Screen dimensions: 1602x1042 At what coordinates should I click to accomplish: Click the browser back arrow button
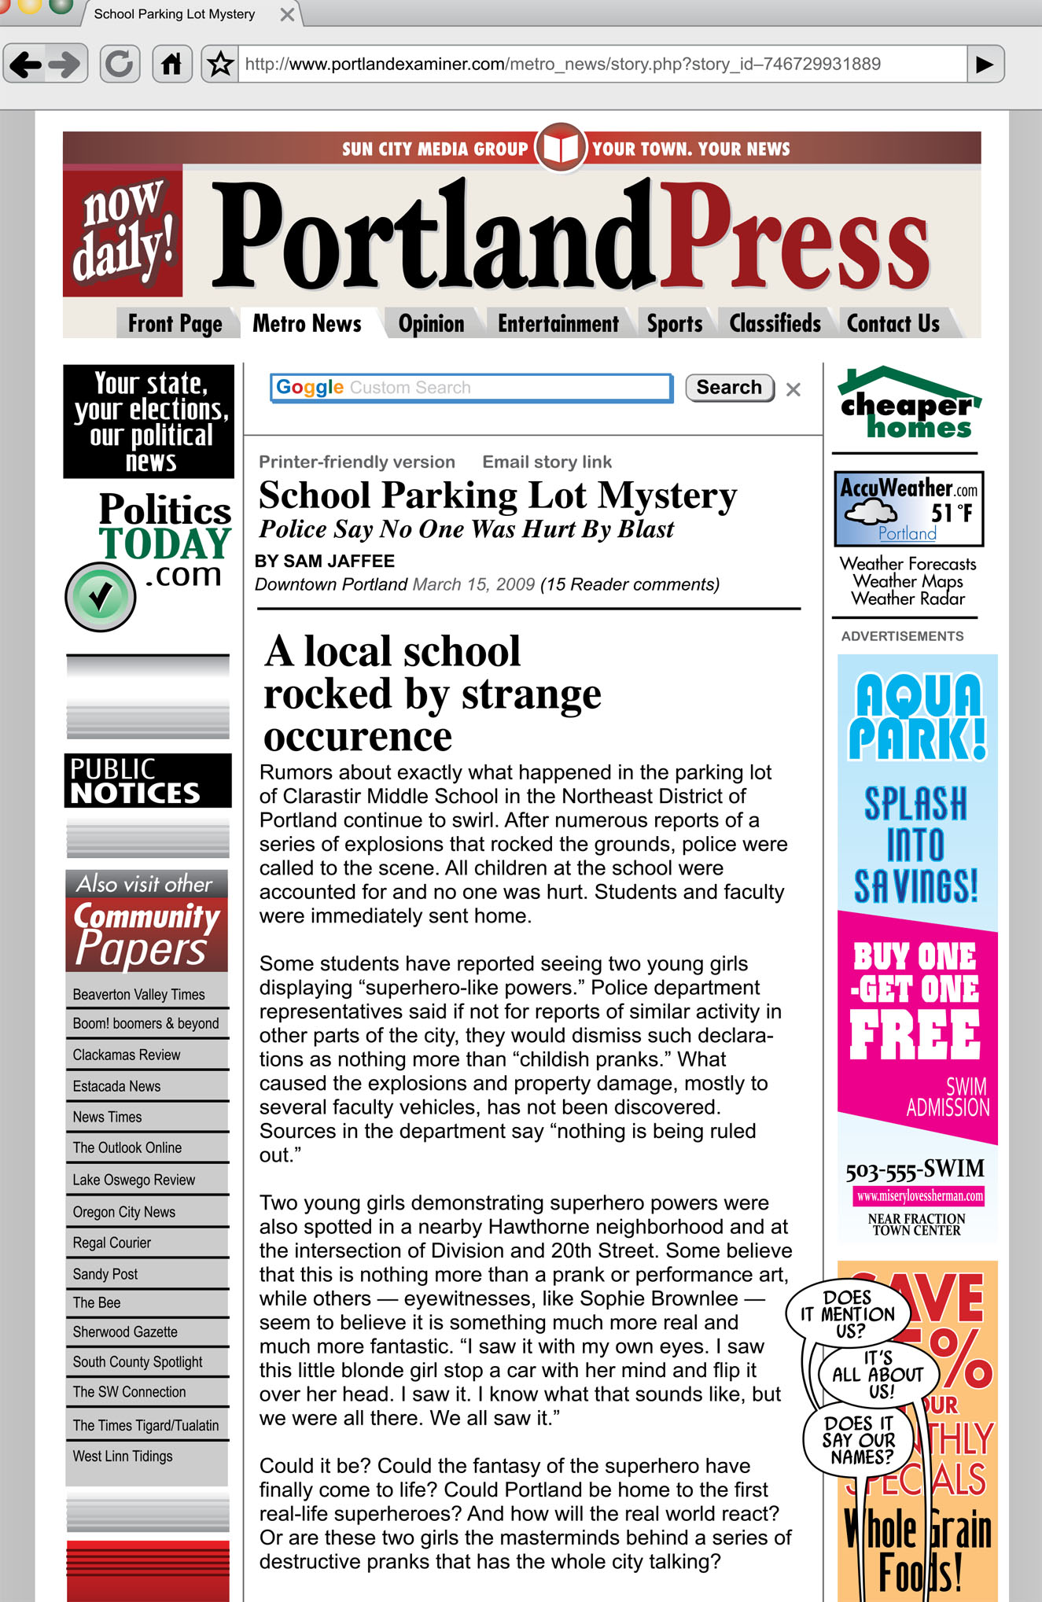click(27, 64)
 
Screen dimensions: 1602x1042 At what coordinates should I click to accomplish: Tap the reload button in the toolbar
click(120, 64)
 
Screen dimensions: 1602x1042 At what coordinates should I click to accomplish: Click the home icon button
click(171, 64)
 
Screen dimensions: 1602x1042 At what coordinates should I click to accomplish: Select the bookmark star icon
click(221, 64)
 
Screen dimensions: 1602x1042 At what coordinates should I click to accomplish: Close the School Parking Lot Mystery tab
click(288, 15)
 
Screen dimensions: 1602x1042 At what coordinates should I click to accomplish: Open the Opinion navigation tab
click(431, 323)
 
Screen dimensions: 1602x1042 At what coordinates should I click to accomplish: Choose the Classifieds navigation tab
click(775, 323)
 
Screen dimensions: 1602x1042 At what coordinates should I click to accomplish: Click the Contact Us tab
click(893, 323)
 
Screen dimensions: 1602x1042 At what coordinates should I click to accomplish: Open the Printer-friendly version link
click(357, 462)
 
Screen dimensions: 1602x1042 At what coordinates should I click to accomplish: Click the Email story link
click(547, 462)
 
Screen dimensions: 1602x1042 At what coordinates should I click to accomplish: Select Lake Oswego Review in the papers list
click(134, 1180)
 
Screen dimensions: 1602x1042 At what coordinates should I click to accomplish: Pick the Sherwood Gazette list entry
click(125, 1331)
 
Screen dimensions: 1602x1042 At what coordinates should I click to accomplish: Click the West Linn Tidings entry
click(123, 1456)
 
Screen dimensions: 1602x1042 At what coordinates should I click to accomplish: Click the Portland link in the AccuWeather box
click(908, 533)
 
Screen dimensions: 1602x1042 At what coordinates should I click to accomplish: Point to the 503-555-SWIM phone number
click(915, 1169)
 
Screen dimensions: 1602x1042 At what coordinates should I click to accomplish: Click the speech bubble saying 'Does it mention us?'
click(847, 1313)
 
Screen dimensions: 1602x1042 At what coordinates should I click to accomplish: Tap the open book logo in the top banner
click(561, 147)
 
